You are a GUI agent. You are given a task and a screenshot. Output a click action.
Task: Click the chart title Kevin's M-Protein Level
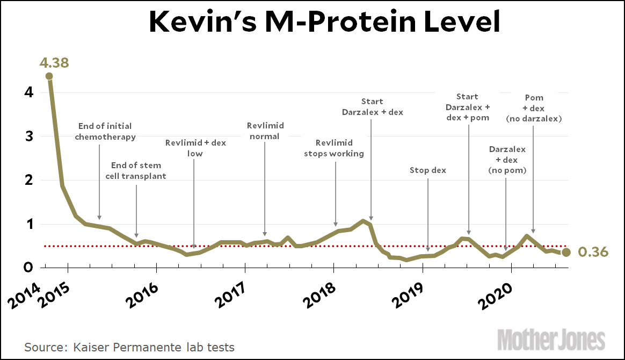pyautogui.click(x=324, y=23)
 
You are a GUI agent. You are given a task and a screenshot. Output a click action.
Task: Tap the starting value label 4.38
pyautogui.click(x=54, y=63)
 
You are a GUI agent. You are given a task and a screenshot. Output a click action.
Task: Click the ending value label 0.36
pyautogui.click(x=593, y=252)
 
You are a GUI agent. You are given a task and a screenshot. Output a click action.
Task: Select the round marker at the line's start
pyautogui.click(x=49, y=76)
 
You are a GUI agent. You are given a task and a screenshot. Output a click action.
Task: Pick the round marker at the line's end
pyautogui.click(x=566, y=252)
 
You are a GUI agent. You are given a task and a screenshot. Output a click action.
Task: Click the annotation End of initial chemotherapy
pyautogui.click(x=105, y=132)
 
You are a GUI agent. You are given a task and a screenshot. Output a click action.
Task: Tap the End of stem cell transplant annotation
pyautogui.click(x=136, y=171)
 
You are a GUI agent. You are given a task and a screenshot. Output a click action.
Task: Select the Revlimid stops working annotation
pyautogui.click(x=334, y=148)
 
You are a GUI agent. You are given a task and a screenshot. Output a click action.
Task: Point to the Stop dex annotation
pyautogui.click(x=428, y=170)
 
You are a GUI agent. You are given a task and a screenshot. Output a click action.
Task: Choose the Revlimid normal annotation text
pyautogui.click(x=265, y=131)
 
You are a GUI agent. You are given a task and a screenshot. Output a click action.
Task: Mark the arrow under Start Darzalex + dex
pyautogui.click(x=371, y=167)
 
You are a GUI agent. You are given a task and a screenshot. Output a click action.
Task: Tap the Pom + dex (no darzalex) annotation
pyautogui.click(x=534, y=108)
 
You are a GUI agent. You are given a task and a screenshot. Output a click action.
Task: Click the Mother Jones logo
pyautogui.click(x=551, y=340)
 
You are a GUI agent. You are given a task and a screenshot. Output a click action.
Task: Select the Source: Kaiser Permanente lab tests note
pyautogui.click(x=129, y=347)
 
